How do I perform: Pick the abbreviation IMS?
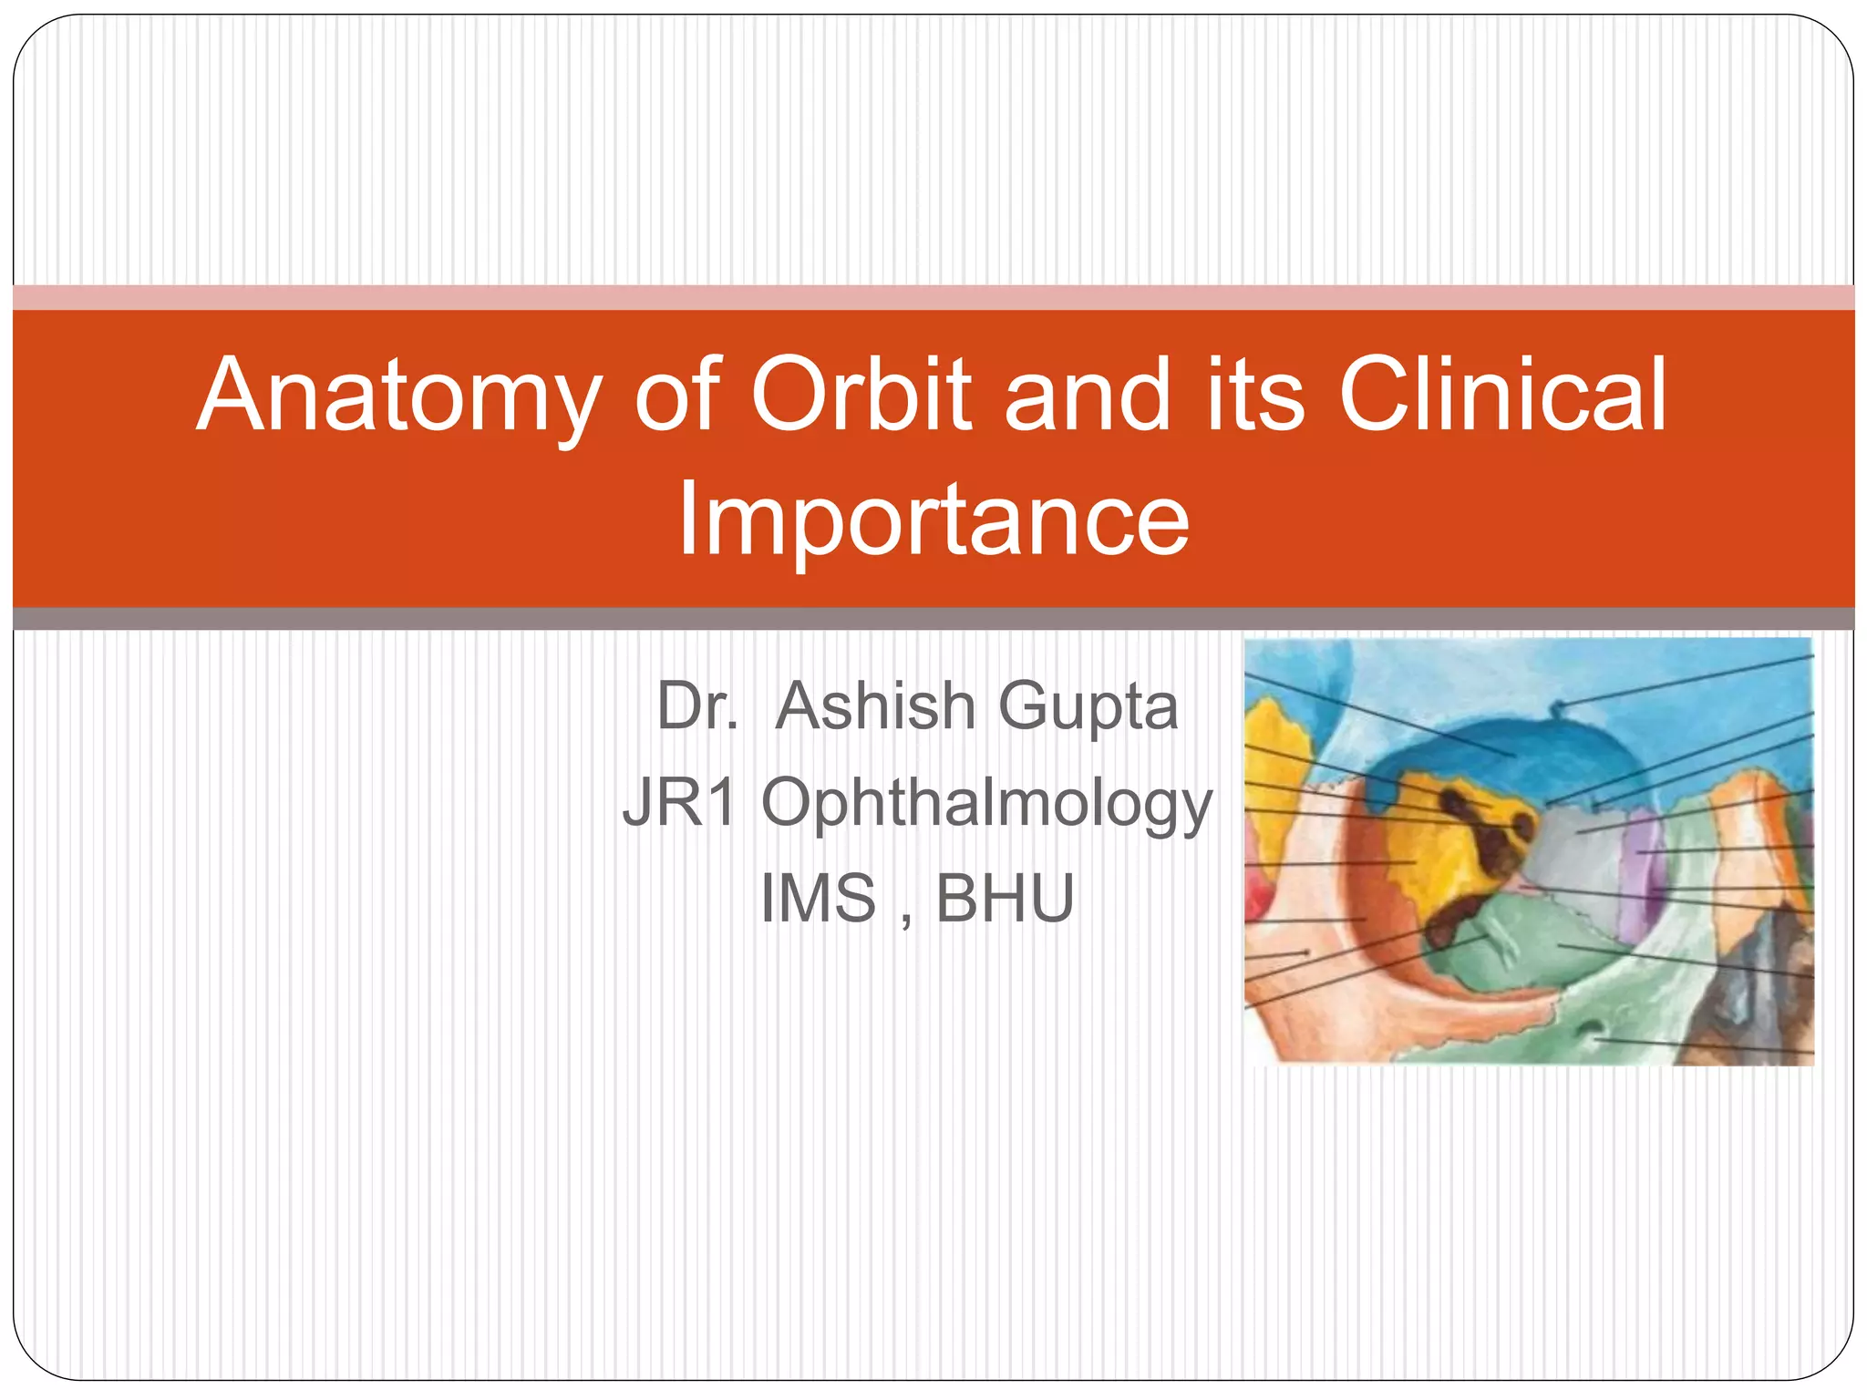818,899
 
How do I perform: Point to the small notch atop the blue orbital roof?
1560,706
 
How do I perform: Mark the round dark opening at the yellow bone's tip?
1523,825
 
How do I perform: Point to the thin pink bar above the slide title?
933,297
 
